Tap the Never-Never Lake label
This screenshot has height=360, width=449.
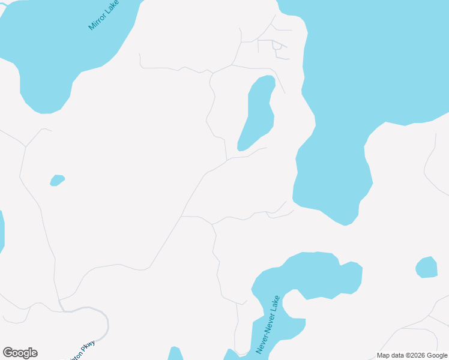click(268, 324)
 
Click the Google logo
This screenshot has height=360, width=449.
click(20, 353)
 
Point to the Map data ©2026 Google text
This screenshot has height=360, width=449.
click(412, 355)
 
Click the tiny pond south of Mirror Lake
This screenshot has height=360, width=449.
click(57, 180)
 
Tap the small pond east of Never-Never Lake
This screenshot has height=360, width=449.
click(427, 268)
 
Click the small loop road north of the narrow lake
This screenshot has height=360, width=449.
click(277, 45)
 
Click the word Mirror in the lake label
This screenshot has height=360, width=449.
click(98, 21)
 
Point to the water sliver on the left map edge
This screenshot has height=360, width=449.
click(1, 231)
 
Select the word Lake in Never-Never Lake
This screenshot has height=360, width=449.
click(276, 304)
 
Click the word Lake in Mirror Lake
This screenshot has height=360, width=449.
click(112, 7)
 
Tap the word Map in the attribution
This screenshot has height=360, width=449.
click(384, 355)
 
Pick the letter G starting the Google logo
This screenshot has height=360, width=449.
click(8, 353)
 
